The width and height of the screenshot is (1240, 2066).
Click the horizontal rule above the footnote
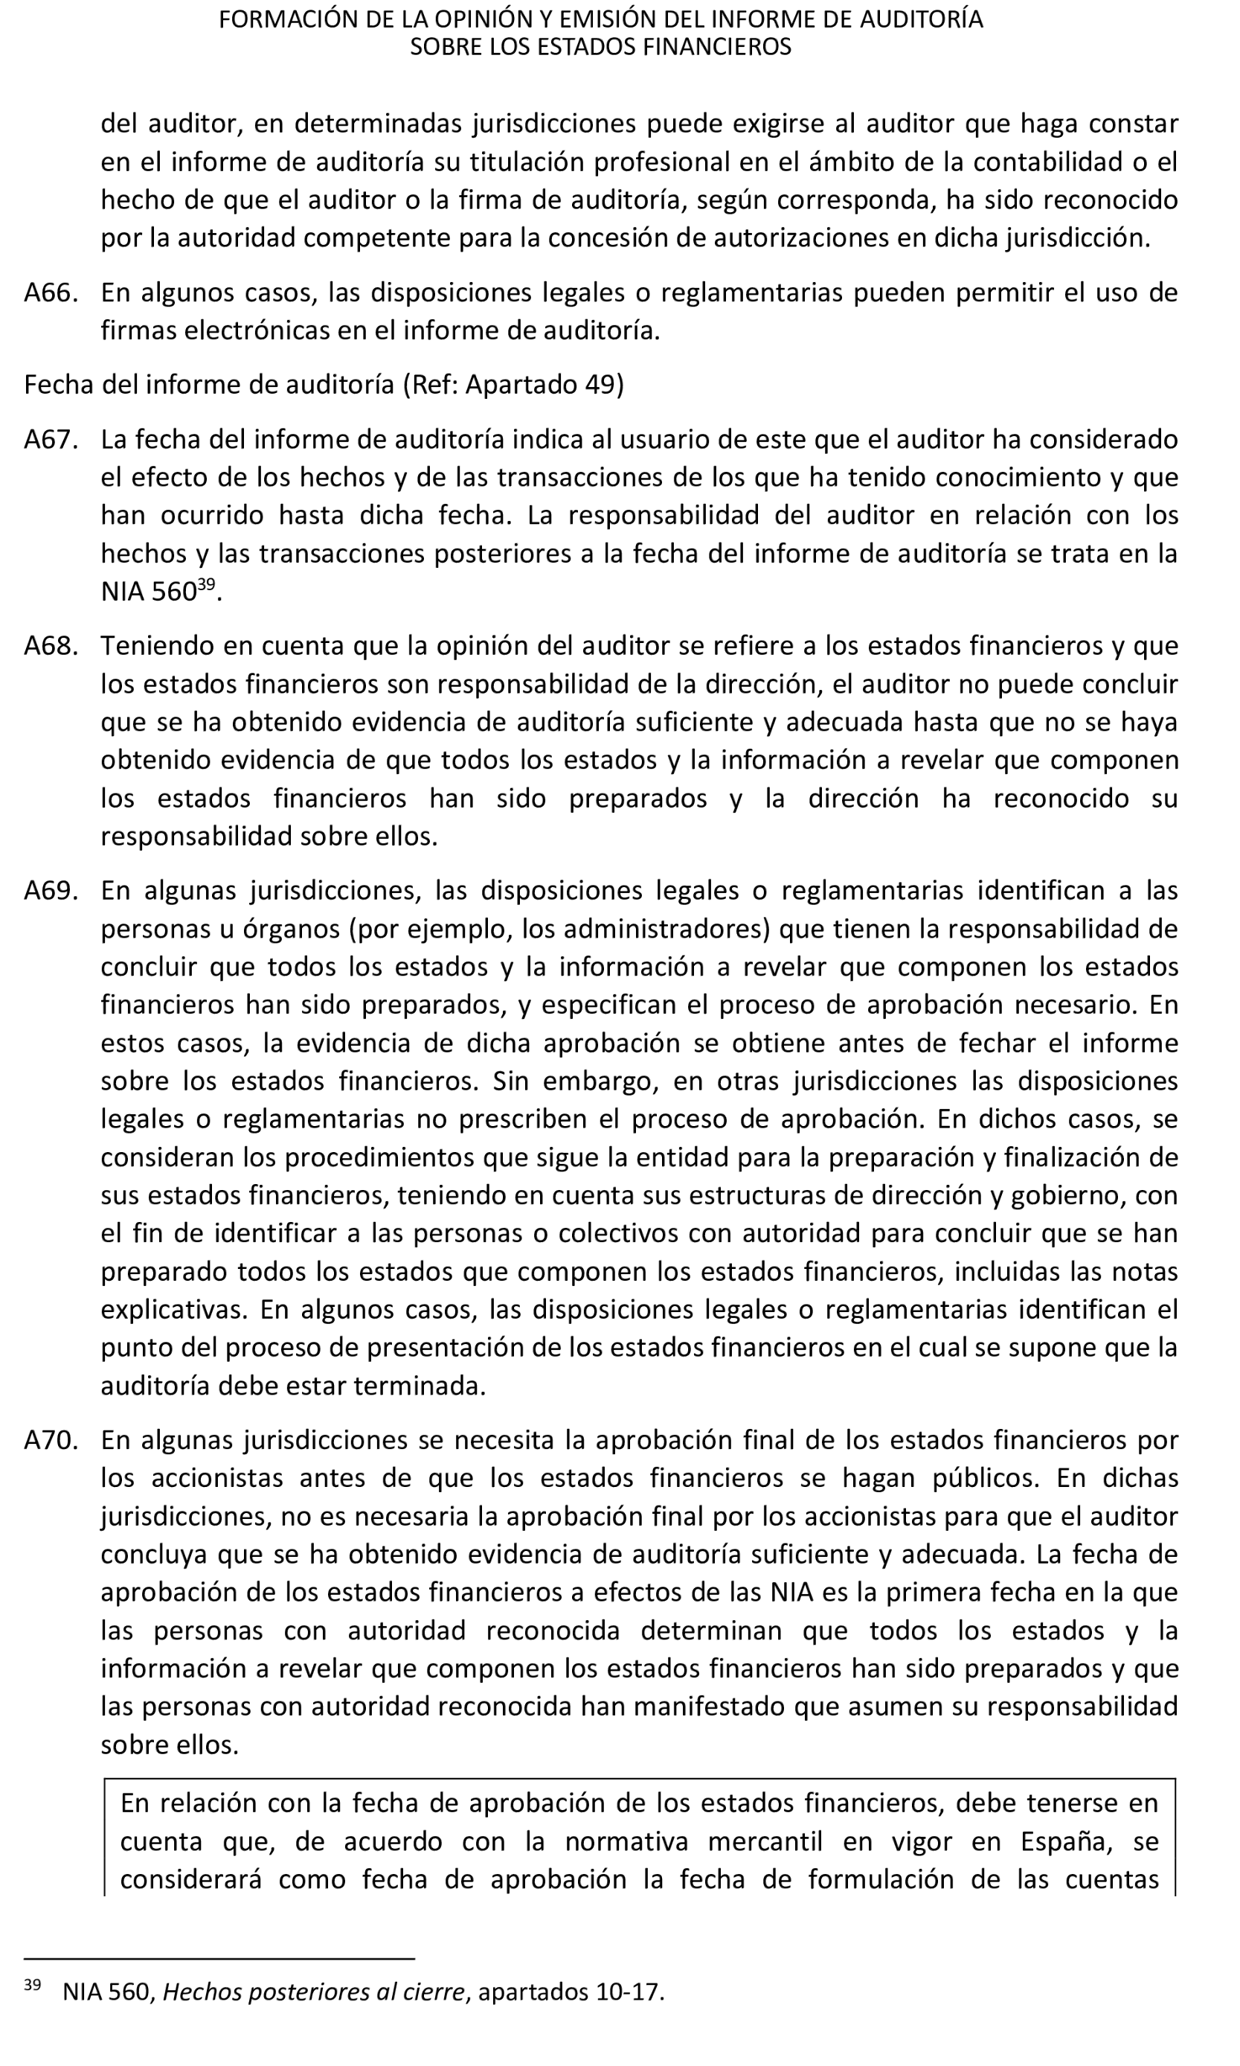coord(219,1958)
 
